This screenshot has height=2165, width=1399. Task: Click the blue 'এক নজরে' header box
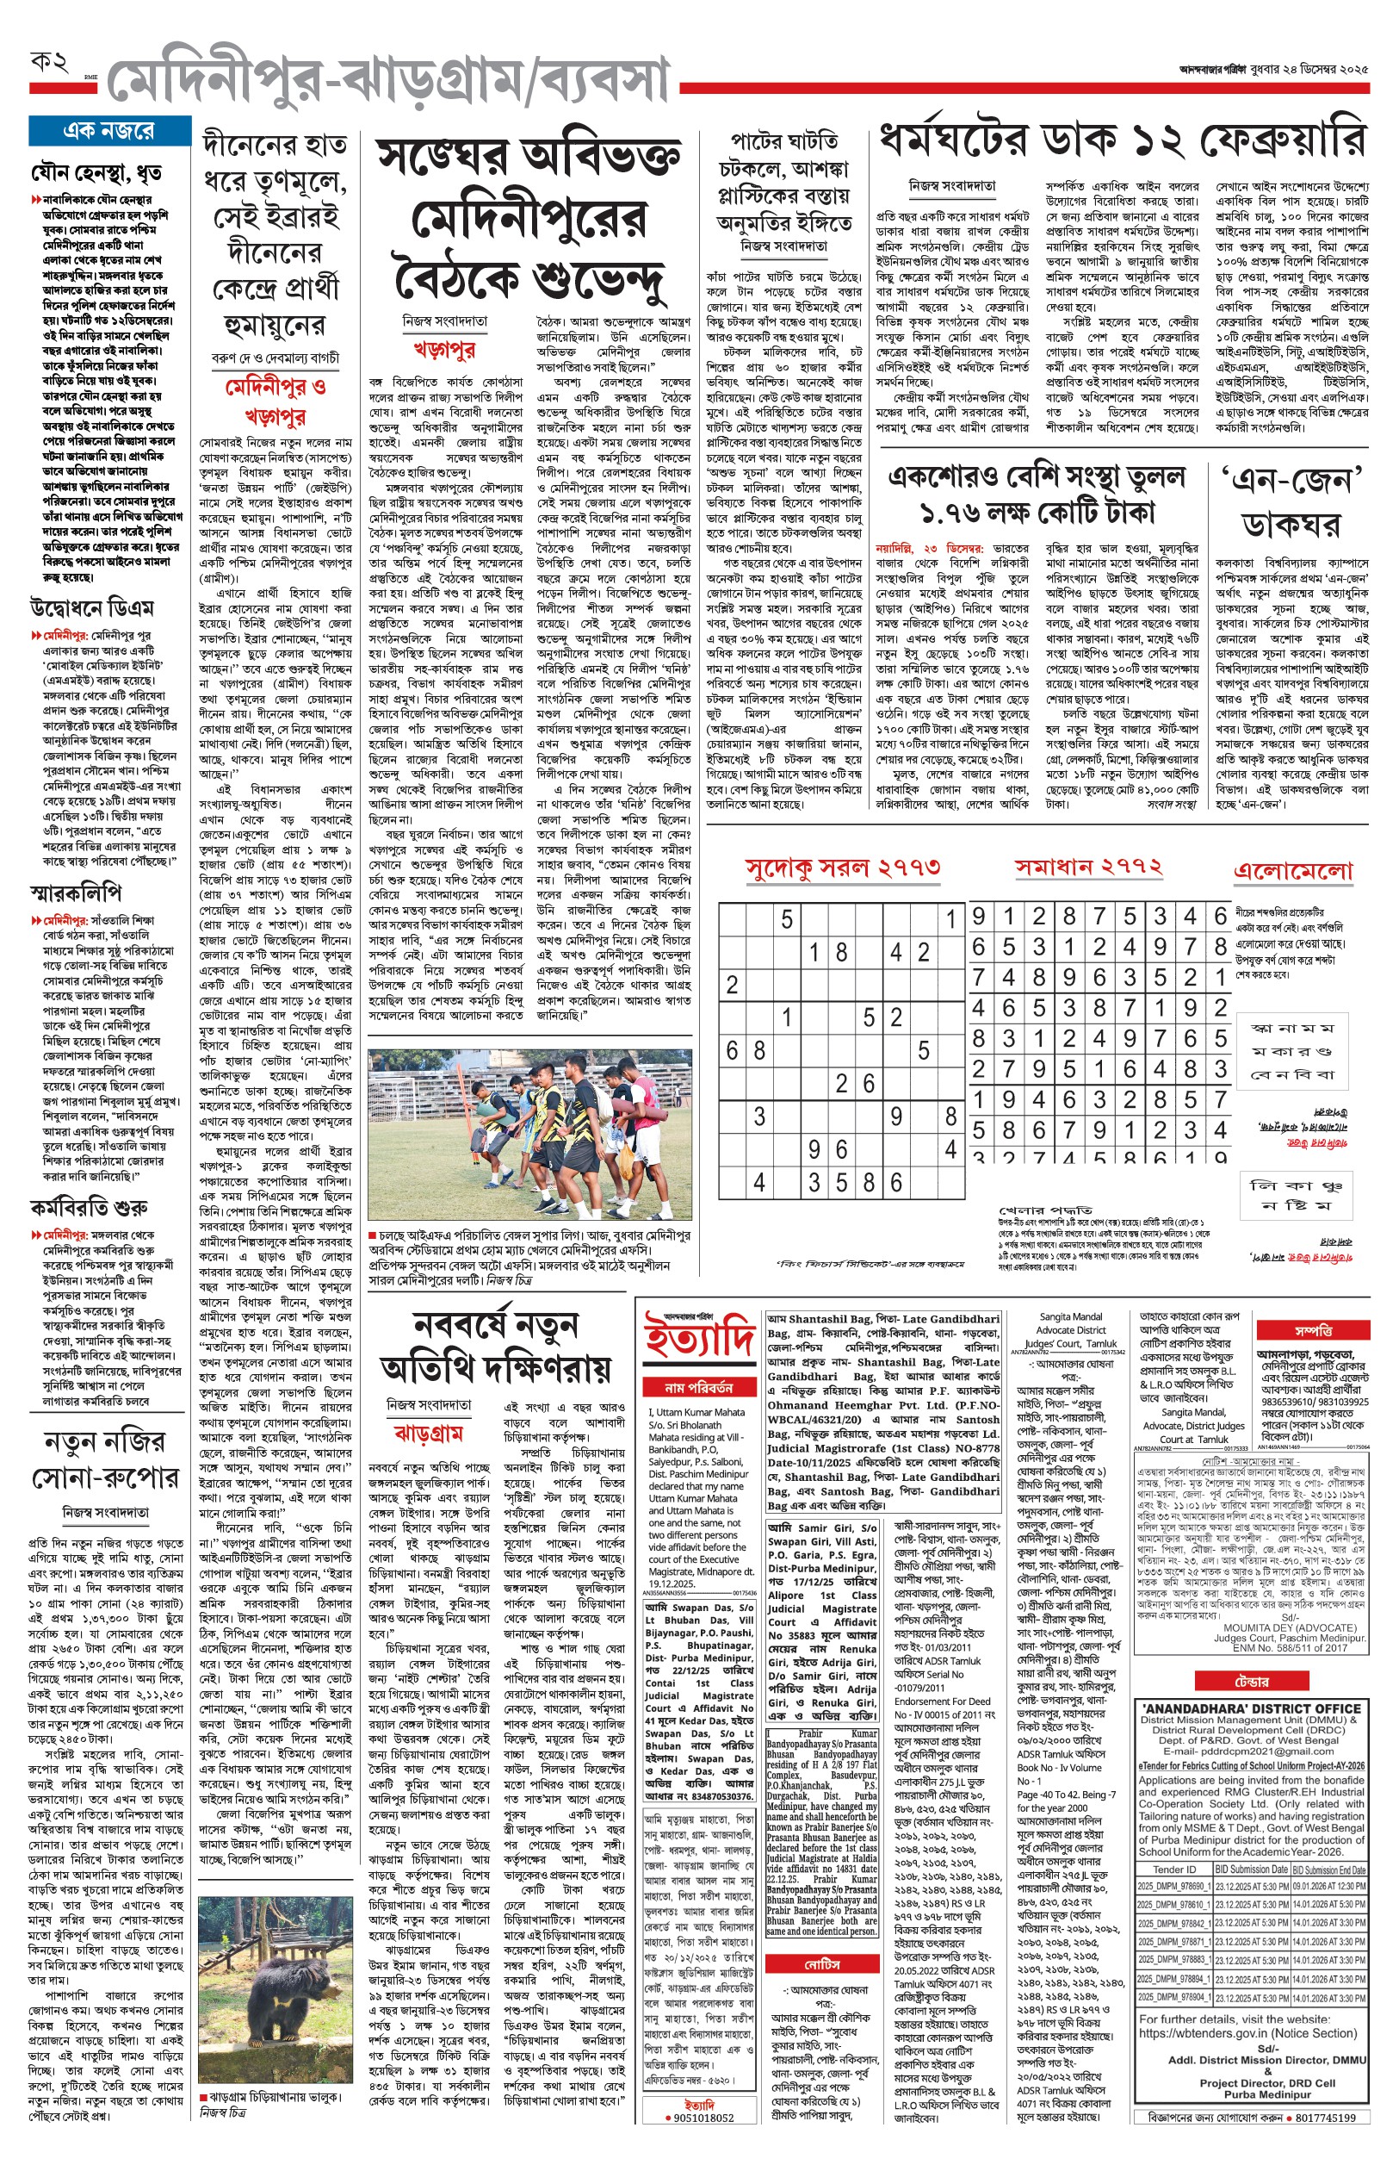tap(108, 132)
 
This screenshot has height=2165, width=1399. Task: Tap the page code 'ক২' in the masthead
tap(50, 63)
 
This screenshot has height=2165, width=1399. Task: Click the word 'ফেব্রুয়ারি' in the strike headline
tap(1282, 143)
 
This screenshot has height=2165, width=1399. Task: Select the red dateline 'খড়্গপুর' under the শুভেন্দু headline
tap(443, 349)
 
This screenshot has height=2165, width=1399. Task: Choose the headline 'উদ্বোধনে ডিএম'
tap(92, 607)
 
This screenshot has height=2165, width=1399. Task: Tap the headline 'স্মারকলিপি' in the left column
tap(76, 893)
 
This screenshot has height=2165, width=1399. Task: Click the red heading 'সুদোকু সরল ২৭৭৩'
tap(842, 869)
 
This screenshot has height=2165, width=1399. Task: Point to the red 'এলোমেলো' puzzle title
tap(1293, 871)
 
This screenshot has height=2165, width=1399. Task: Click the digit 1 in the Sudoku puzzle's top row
tap(950, 919)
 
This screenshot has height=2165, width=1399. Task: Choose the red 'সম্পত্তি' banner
tap(1313, 1329)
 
